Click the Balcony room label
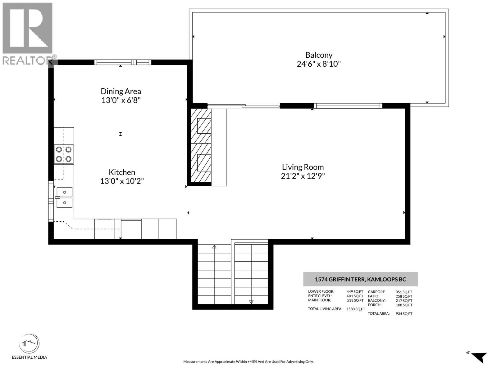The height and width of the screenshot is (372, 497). pyautogui.click(x=319, y=55)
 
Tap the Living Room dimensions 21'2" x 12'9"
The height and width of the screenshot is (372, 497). pyautogui.click(x=303, y=176)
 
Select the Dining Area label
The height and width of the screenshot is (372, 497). pyautogui.click(x=121, y=91)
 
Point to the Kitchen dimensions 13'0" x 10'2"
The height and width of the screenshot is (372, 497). pyautogui.click(x=122, y=181)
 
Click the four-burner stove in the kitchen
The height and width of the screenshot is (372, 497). pyautogui.click(x=64, y=154)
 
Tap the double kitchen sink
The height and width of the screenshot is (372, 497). pyautogui.click(x=64, y=197)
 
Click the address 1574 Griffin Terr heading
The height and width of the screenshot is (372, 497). pyautogui.click(x=360, y=279)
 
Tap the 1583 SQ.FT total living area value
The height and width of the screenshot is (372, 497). pyautogui.click(x=355, y=309)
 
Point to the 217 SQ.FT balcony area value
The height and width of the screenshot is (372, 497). pyautogui.click(x=404, y=301)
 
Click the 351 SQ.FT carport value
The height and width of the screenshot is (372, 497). pyautogui.click(x=404, y=292)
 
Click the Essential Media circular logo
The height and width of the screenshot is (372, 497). pyautogui.click(x=29, y=343)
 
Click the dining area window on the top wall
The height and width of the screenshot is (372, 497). pyautogui.click(x=123, y=62)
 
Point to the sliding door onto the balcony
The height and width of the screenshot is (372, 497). pyautogui.click(x=244, y=105)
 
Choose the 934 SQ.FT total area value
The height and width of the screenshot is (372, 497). pyautogui.click(x=404, y=314)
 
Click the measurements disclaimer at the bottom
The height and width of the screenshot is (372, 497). pyautogui.click(x=248, y=361)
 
